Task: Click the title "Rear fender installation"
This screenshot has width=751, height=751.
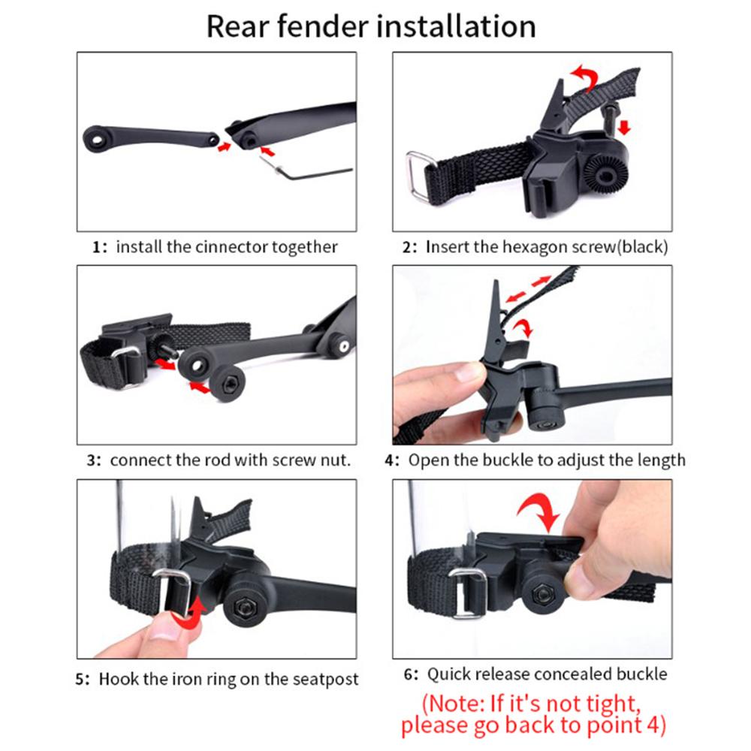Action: tap(371, 26)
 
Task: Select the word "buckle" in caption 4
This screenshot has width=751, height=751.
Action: tap(534, 460)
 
